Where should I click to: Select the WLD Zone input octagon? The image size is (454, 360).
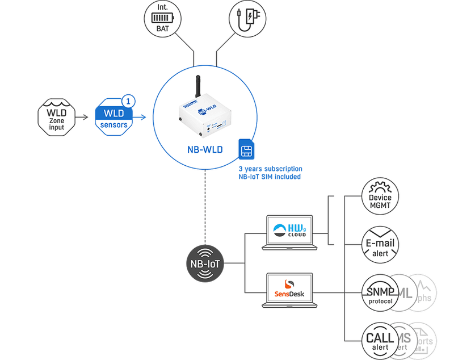[x=57, y=117]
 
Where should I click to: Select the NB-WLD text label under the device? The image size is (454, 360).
[x=206, y=150]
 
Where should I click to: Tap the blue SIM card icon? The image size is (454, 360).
[x=246, y=150]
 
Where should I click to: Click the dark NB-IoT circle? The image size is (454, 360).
[x=205, y=265]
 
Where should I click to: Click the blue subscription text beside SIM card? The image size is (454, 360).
[x=270, y=173]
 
